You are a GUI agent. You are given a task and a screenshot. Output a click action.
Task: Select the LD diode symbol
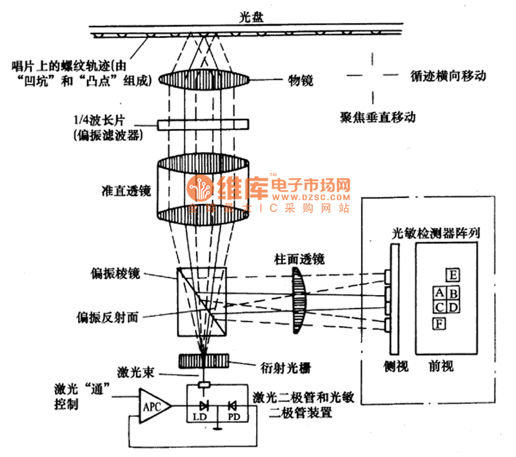(x=204, y=406)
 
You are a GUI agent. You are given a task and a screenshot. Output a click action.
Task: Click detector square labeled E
(x=453, y=276)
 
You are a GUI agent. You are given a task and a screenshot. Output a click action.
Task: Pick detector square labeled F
(x=441, y=323)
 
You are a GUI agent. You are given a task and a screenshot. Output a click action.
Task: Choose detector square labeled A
(x=439, y=294)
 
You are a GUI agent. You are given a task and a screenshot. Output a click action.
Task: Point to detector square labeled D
(x=453, y=307)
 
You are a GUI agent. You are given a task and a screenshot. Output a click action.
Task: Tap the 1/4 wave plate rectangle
(x=203, y=123)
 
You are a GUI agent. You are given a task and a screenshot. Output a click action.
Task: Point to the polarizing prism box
(x=202, y=302)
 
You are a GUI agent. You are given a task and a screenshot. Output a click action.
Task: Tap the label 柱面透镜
(x=294, y=259)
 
